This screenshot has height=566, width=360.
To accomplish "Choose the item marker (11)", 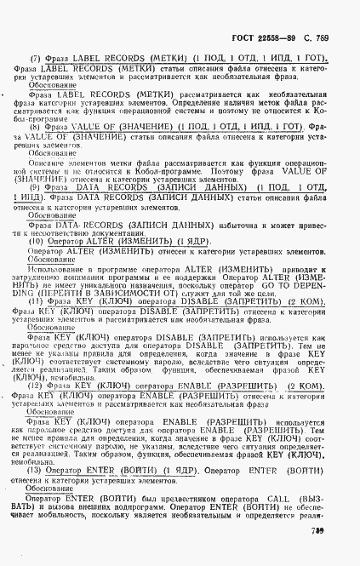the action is pyautogui.click(x=36, y=301).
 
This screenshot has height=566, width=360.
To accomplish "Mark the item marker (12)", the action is pyautogui.click(x=36, y=385).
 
